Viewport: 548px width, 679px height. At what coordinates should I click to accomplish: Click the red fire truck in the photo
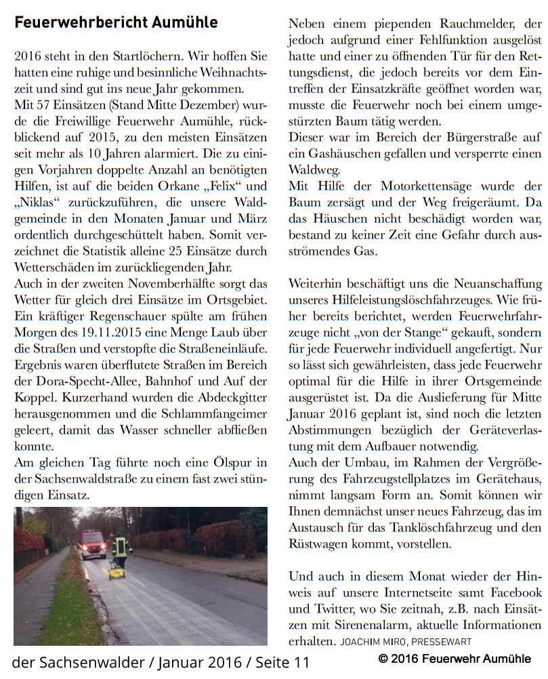coord(92,543)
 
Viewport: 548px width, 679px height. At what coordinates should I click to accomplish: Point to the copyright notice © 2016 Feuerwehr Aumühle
coord(455,659)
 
